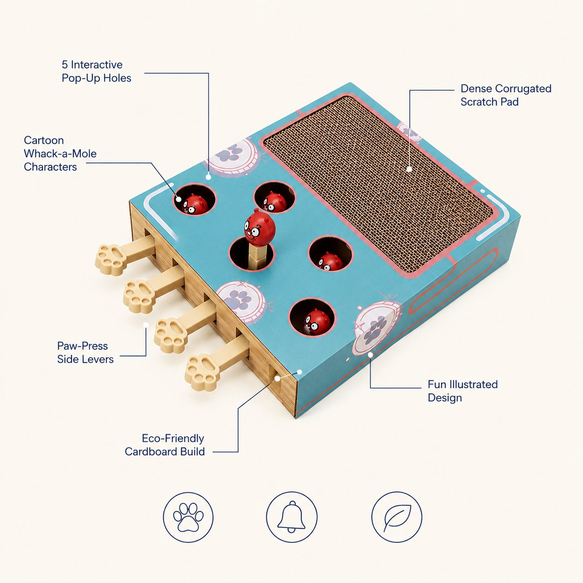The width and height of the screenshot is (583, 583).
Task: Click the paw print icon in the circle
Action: point(188,517)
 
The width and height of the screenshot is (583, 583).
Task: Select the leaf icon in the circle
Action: point(397,517)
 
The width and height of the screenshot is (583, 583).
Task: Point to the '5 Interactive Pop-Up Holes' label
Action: point(96,71)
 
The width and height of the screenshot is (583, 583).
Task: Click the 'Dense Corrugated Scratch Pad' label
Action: point(506,95)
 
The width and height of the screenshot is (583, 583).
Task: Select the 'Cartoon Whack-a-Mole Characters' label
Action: point(60,153)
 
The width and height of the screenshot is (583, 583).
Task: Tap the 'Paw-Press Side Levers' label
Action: point(86,352)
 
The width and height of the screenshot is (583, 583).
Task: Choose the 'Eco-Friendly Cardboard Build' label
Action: point(165,445)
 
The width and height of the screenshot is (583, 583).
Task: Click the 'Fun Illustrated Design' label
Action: point(463,391)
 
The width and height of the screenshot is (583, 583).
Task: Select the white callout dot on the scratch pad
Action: point(409,169)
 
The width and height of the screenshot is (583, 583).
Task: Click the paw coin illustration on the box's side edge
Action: point(377,328)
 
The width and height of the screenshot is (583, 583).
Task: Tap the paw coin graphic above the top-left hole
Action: point(233,157)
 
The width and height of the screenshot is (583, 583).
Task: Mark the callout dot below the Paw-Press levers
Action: point(146,325)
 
